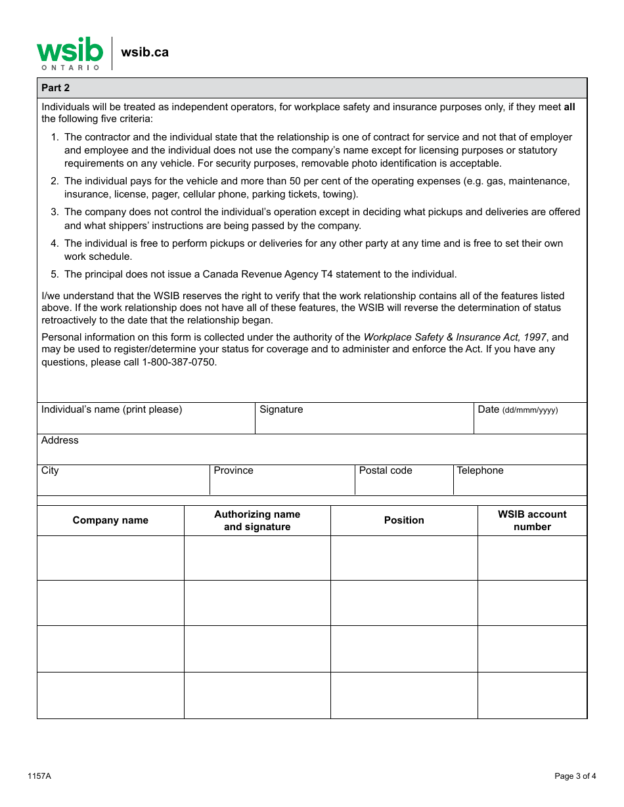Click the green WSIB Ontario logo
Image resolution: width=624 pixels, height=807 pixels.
(70, 53)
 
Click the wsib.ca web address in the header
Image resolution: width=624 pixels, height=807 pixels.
(145, 52)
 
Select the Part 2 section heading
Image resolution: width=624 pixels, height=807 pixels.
(56, 88)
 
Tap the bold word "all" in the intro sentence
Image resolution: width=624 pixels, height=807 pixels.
(569, 107)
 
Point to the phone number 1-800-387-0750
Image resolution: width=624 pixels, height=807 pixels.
(179, 362)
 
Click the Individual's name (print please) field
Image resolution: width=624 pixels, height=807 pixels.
(146, 419)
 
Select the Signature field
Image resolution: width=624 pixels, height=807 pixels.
(364, 419)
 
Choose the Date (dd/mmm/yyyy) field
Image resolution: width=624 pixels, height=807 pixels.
(530, 419)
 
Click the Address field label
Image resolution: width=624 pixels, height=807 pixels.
(60, 440)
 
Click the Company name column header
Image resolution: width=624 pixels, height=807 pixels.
(110, 520)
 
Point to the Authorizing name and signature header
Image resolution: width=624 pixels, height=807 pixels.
(257, 520)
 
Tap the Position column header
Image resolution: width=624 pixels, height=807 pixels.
(404, 520)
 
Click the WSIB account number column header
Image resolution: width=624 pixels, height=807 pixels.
(532, 520)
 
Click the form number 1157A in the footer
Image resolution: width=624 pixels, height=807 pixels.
(39, 776)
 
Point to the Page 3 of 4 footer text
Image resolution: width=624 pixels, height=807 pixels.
(575, 776)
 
